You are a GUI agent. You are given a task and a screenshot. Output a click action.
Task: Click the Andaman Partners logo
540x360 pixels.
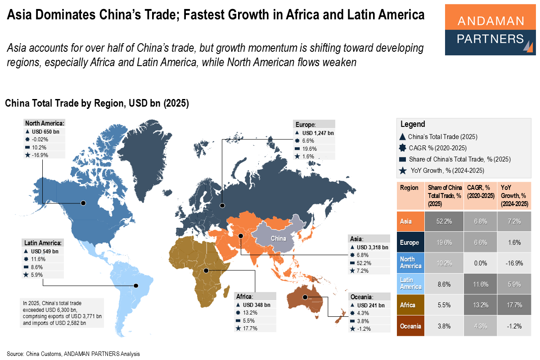(x=490, y=30)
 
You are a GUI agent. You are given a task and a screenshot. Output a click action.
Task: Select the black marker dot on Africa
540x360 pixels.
(x=206, y=270)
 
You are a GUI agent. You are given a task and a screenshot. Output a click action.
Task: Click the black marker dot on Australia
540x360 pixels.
(x=305, y=297)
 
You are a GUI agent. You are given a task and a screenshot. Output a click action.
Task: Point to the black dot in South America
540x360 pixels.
(x=136, y=285)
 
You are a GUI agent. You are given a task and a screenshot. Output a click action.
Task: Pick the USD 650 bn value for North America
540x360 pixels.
(x=45, y=132)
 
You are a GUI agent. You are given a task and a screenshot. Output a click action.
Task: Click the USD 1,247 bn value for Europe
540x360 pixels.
(x=318, y=133)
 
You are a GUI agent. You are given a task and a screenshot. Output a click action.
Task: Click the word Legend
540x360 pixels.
(x=413, y=124)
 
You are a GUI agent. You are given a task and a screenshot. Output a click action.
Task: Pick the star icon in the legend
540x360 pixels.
(x=403, y=171)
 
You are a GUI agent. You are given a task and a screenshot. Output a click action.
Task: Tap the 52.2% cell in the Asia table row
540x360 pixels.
(x=445, y=221)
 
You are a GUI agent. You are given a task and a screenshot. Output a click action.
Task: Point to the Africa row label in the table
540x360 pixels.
(x=408, y=306)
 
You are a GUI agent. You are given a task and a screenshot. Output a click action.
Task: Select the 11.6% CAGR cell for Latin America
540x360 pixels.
(x=481, y=284)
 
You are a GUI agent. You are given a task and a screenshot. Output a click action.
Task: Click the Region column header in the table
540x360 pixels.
(x=409, y=188)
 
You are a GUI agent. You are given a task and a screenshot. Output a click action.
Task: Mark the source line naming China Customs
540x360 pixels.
(x=73, y=354)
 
